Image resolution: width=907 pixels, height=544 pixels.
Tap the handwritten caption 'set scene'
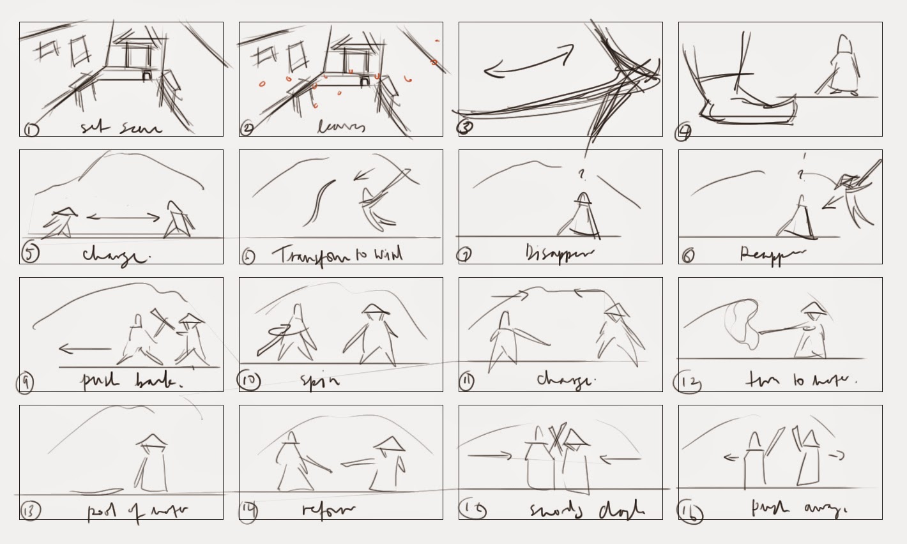(x=121, y=128)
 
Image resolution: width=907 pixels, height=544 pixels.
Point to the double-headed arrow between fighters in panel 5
(x=123, y=218)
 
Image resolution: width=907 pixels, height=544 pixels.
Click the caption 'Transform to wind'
(x=339, y=255)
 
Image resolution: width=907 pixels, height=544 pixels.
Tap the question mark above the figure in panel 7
(x=581, y=173)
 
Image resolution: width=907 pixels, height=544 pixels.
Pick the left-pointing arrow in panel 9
(x=84, y=349)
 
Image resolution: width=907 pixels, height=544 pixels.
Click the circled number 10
(x=248, y=381)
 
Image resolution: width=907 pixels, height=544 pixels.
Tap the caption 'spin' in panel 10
(x=319, y=382)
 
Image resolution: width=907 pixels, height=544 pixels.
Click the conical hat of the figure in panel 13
(x=152, y=440)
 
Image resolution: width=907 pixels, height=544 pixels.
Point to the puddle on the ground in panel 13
(x=96, y=492)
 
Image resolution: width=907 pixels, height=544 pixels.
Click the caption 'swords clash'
(x=586, y=511)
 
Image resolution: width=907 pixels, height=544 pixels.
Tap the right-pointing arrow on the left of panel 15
(x=490, y=456)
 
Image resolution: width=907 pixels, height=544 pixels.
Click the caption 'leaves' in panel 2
(x=342, y=127)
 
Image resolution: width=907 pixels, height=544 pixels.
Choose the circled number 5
(x=30, y=252)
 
